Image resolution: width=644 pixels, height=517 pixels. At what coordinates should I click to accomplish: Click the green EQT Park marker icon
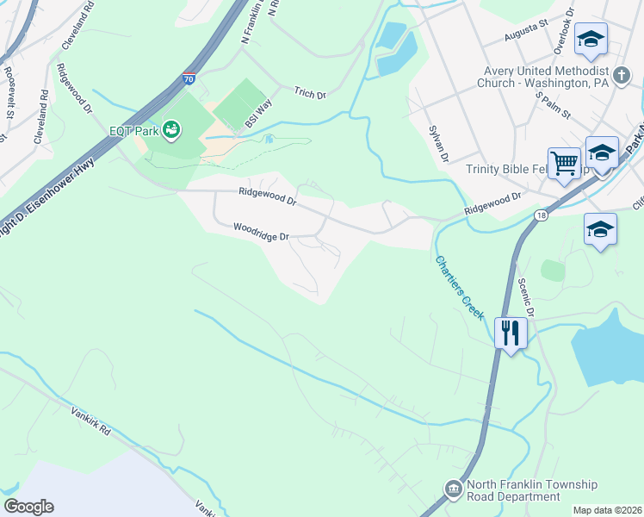171,129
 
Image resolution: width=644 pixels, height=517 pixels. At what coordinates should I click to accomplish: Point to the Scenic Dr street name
528,297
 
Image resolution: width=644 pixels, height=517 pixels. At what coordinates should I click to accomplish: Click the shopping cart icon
564,162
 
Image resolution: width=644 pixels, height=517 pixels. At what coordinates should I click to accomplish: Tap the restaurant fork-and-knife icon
511,332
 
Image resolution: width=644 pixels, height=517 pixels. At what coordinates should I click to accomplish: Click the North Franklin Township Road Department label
532,491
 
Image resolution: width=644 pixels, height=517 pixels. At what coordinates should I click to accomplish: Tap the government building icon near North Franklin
453,490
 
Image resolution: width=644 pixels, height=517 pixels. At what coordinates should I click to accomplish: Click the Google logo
28,507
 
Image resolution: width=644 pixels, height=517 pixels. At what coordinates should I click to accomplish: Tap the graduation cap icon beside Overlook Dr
591,39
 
